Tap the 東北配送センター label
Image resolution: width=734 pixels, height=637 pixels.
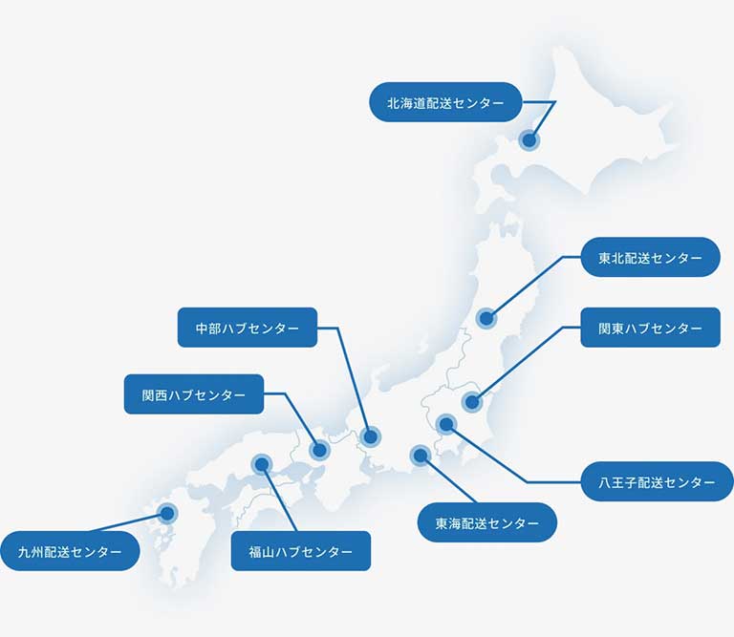pos(650,258)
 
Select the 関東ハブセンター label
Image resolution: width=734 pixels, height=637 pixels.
pos(650,328)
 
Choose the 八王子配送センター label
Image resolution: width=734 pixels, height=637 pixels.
pos(650,482)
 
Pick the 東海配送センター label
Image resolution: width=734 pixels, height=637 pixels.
pos(487,522)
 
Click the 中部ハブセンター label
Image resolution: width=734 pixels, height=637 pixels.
pos(248,328)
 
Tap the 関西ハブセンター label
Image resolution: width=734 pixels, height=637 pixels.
pos(194,393)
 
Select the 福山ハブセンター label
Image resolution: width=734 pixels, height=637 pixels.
pos(300,551)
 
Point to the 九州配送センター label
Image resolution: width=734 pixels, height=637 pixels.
pos(70,551)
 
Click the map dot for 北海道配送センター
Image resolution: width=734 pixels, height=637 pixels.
pos(529,140)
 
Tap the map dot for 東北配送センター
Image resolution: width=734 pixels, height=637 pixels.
pos(486,318)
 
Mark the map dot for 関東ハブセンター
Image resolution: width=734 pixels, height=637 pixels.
pos(471,402)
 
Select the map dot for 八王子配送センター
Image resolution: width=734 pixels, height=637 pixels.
pos(445,423)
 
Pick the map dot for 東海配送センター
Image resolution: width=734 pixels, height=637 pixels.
pos(420,455)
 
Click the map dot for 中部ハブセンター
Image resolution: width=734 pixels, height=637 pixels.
pos(370,436)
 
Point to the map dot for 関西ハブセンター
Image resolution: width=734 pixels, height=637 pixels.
pos(319,450)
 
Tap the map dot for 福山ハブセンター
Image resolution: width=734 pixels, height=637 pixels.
pos(261,465)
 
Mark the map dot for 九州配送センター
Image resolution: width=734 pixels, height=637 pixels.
pos(167,513)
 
